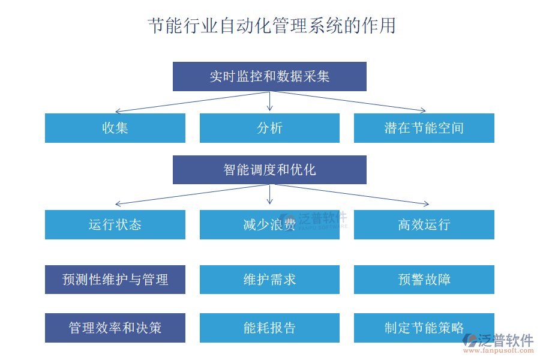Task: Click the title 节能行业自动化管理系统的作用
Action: click(x=271, y=26)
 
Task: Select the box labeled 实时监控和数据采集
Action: click(x=269, y=77)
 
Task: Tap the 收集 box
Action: click(x=115, y=128)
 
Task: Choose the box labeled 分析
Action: click(x=269, y=128)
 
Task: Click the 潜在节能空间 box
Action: click(x=424, y=128)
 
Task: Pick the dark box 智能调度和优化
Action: click(x=269, y=170)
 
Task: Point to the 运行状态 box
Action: click(x=115, y=224)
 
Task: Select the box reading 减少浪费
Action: click(x=269, y=224)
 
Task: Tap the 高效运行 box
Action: click(x=424, y=224)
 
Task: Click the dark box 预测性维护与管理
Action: click(x=115, y=280)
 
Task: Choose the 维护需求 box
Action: click(x=269, y=280)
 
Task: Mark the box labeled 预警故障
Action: click(x=424, y=280)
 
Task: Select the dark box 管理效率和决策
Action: click(x=115, y=328)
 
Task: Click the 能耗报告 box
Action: click(x=269, y=328)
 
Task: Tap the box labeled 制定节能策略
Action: click(x=424, y=328)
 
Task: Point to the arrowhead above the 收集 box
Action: click(x=118, y=111)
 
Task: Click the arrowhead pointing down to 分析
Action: click(x=270, y=108)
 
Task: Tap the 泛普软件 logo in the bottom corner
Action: click(x=498, y=340)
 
